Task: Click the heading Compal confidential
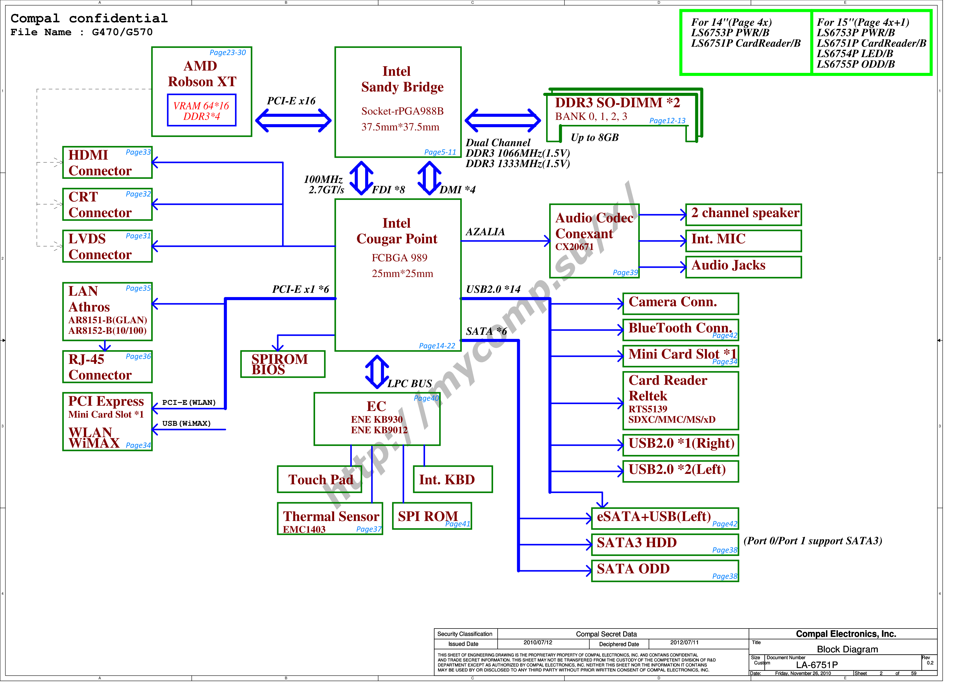(x=89, y=19)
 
